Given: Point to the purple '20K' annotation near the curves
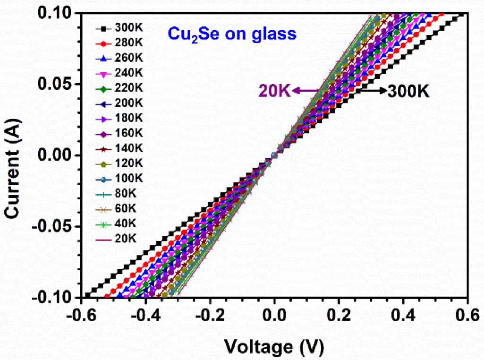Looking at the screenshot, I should (x=273, y=90).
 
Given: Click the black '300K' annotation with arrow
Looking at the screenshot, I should (x=408, y=91).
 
